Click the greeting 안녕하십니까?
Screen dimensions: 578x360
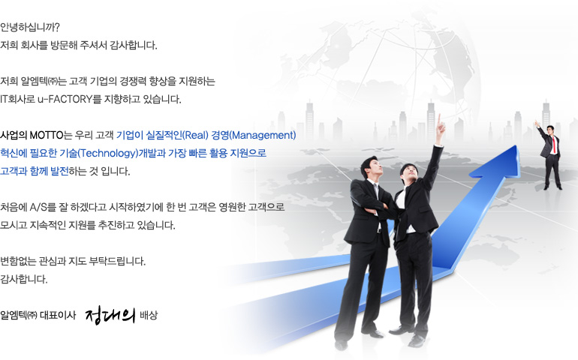(30, 27)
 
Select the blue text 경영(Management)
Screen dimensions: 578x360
(254, 135)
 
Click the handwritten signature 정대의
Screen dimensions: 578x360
(110, 316)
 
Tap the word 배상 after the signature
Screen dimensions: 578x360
(149, 316)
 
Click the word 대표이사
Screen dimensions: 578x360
(58, 316)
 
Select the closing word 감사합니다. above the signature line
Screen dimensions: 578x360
(24, 279)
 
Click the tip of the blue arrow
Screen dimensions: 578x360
(516, 146)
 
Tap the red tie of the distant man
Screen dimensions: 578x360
(553, 145)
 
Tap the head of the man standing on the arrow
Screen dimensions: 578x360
(550, 130)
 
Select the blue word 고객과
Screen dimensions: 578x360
(12, 171)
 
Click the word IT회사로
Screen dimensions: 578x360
(17, 99)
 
